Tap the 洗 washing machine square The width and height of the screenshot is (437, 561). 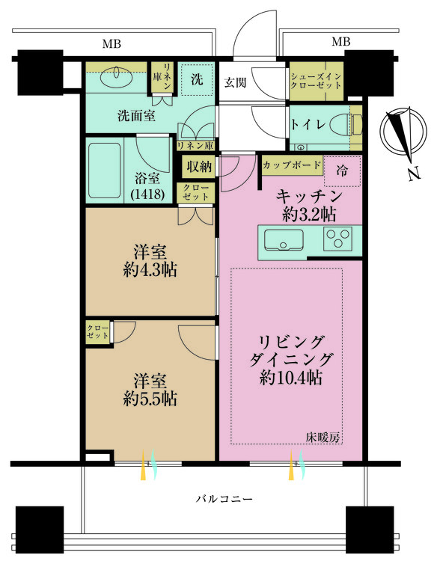coord(197,79)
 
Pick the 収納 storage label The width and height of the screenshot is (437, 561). coord(198,166)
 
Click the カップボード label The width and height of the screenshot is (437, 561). coord(293,164)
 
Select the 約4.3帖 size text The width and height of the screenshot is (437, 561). coord(150,270)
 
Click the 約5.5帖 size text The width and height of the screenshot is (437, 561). coord(150,399)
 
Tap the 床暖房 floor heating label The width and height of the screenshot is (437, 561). coord(323,438)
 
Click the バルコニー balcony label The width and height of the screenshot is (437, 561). coord(224,498)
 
